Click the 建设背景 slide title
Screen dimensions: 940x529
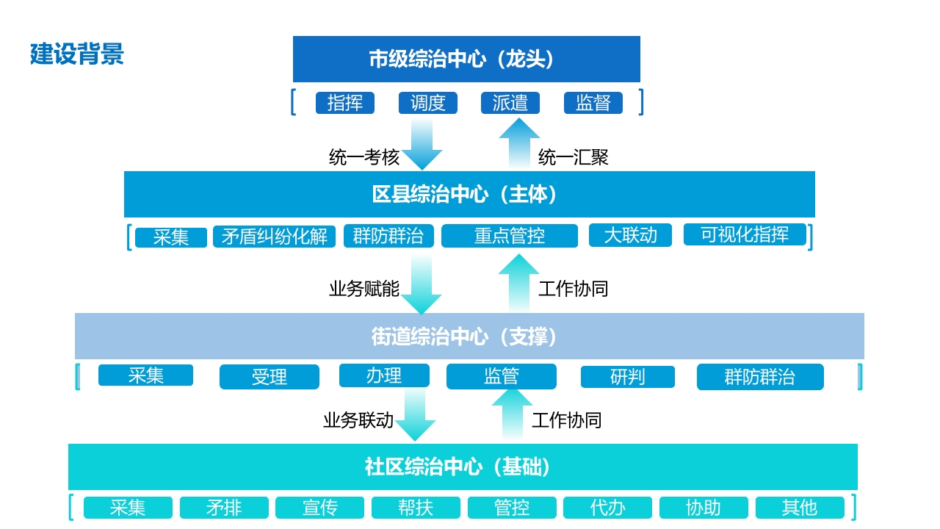pyautogui.click(x=77, y=54)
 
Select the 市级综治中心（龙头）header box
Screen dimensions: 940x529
pyautogui.click(x=466, y=59)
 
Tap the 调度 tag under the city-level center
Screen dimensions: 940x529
pyautogui.click(x=427, y=103)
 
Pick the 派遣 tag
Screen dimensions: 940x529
pyautogui.click(x=510, y=103)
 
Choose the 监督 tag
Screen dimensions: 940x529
pyautogui.click(x=593, y=103)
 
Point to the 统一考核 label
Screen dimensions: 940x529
pyautogui.click(x=364, y=157)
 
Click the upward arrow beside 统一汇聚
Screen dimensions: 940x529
pyautogui.click(x=519, y=143)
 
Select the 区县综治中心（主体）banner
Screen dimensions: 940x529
pyautogui.click(x=469, y=194)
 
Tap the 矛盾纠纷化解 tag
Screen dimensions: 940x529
pyautogui.click(x=274, y=237)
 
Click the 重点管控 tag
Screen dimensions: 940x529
pyautogui.click(x=510, y=236)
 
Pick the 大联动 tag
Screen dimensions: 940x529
pyautogui.click(x=630, y=235)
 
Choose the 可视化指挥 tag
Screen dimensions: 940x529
pyautogui.click(x=745, y=234)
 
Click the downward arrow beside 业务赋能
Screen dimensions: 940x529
pyautogui.click(x=422, y=284)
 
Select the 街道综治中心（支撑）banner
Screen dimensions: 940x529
pyautogui.click(x=469, y=336)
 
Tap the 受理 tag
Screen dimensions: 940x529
pyautogui.click(x=269, y=377)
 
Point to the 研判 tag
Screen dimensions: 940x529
pyautogui.click(x=627, y=377)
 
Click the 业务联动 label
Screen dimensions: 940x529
pyautogui.click(x=358, y=420)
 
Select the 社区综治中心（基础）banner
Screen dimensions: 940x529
pyautogui.click(x=463, y=467)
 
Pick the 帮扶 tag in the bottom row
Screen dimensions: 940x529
pyautogui.click(x=416, y=508)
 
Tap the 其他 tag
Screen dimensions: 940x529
pyautogui.click(x=800, y=508)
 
